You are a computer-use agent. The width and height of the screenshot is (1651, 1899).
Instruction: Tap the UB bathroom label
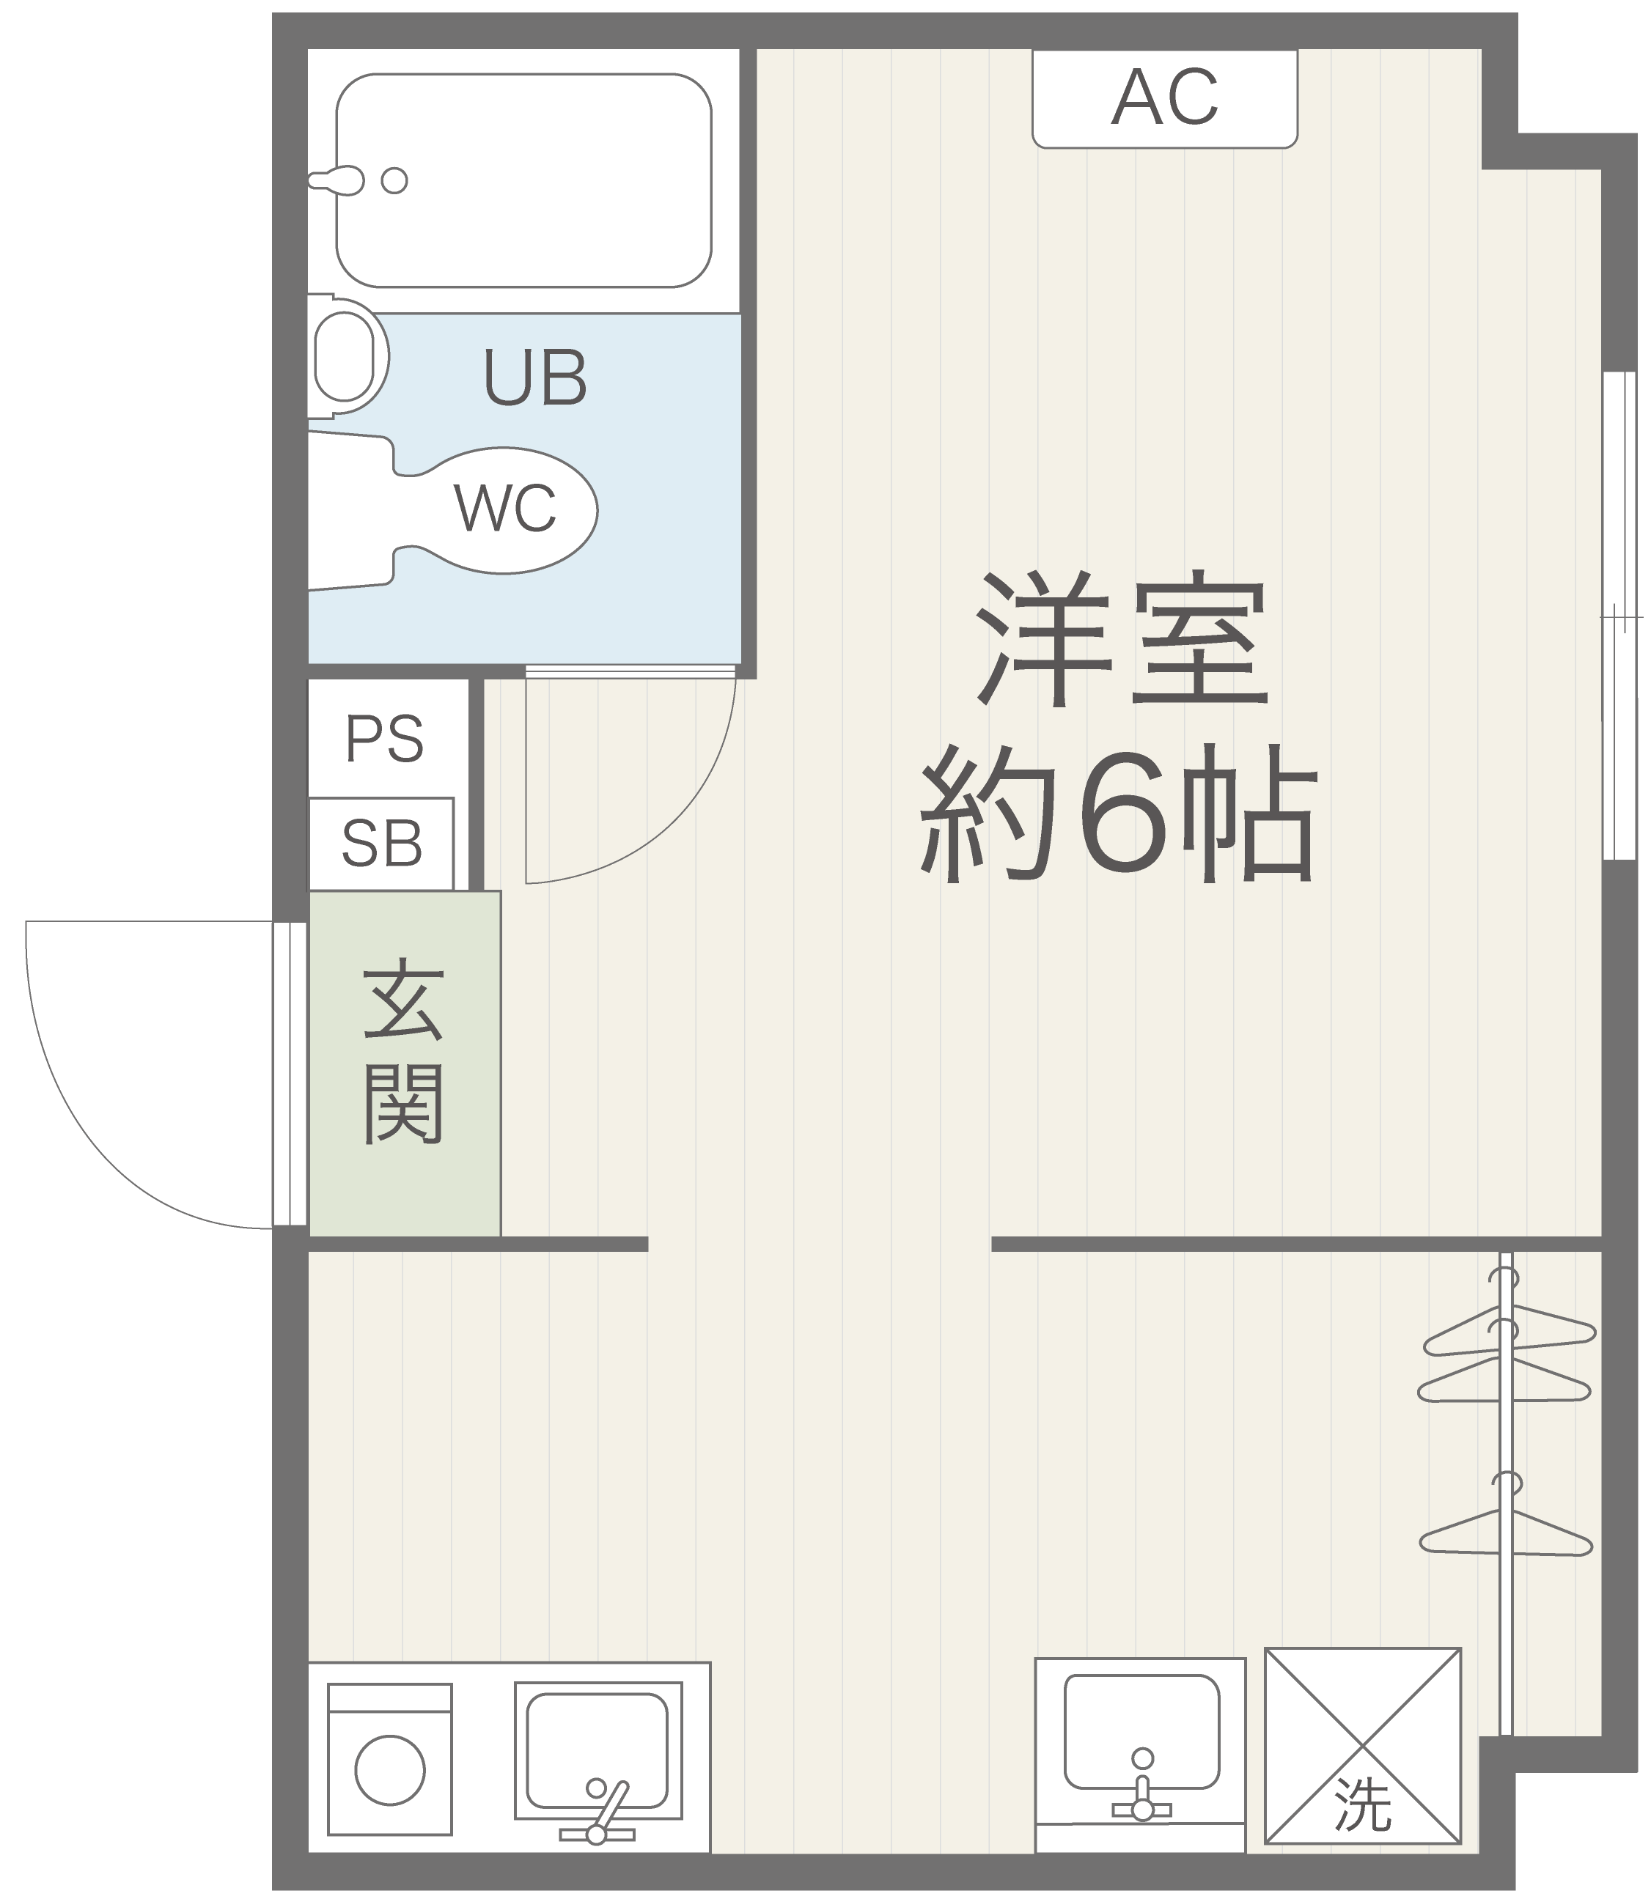click(535, 377)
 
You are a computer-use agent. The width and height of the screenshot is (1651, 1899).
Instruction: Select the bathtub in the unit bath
click(523, 180)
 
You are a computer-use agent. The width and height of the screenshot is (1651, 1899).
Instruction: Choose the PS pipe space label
click(384, 739)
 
